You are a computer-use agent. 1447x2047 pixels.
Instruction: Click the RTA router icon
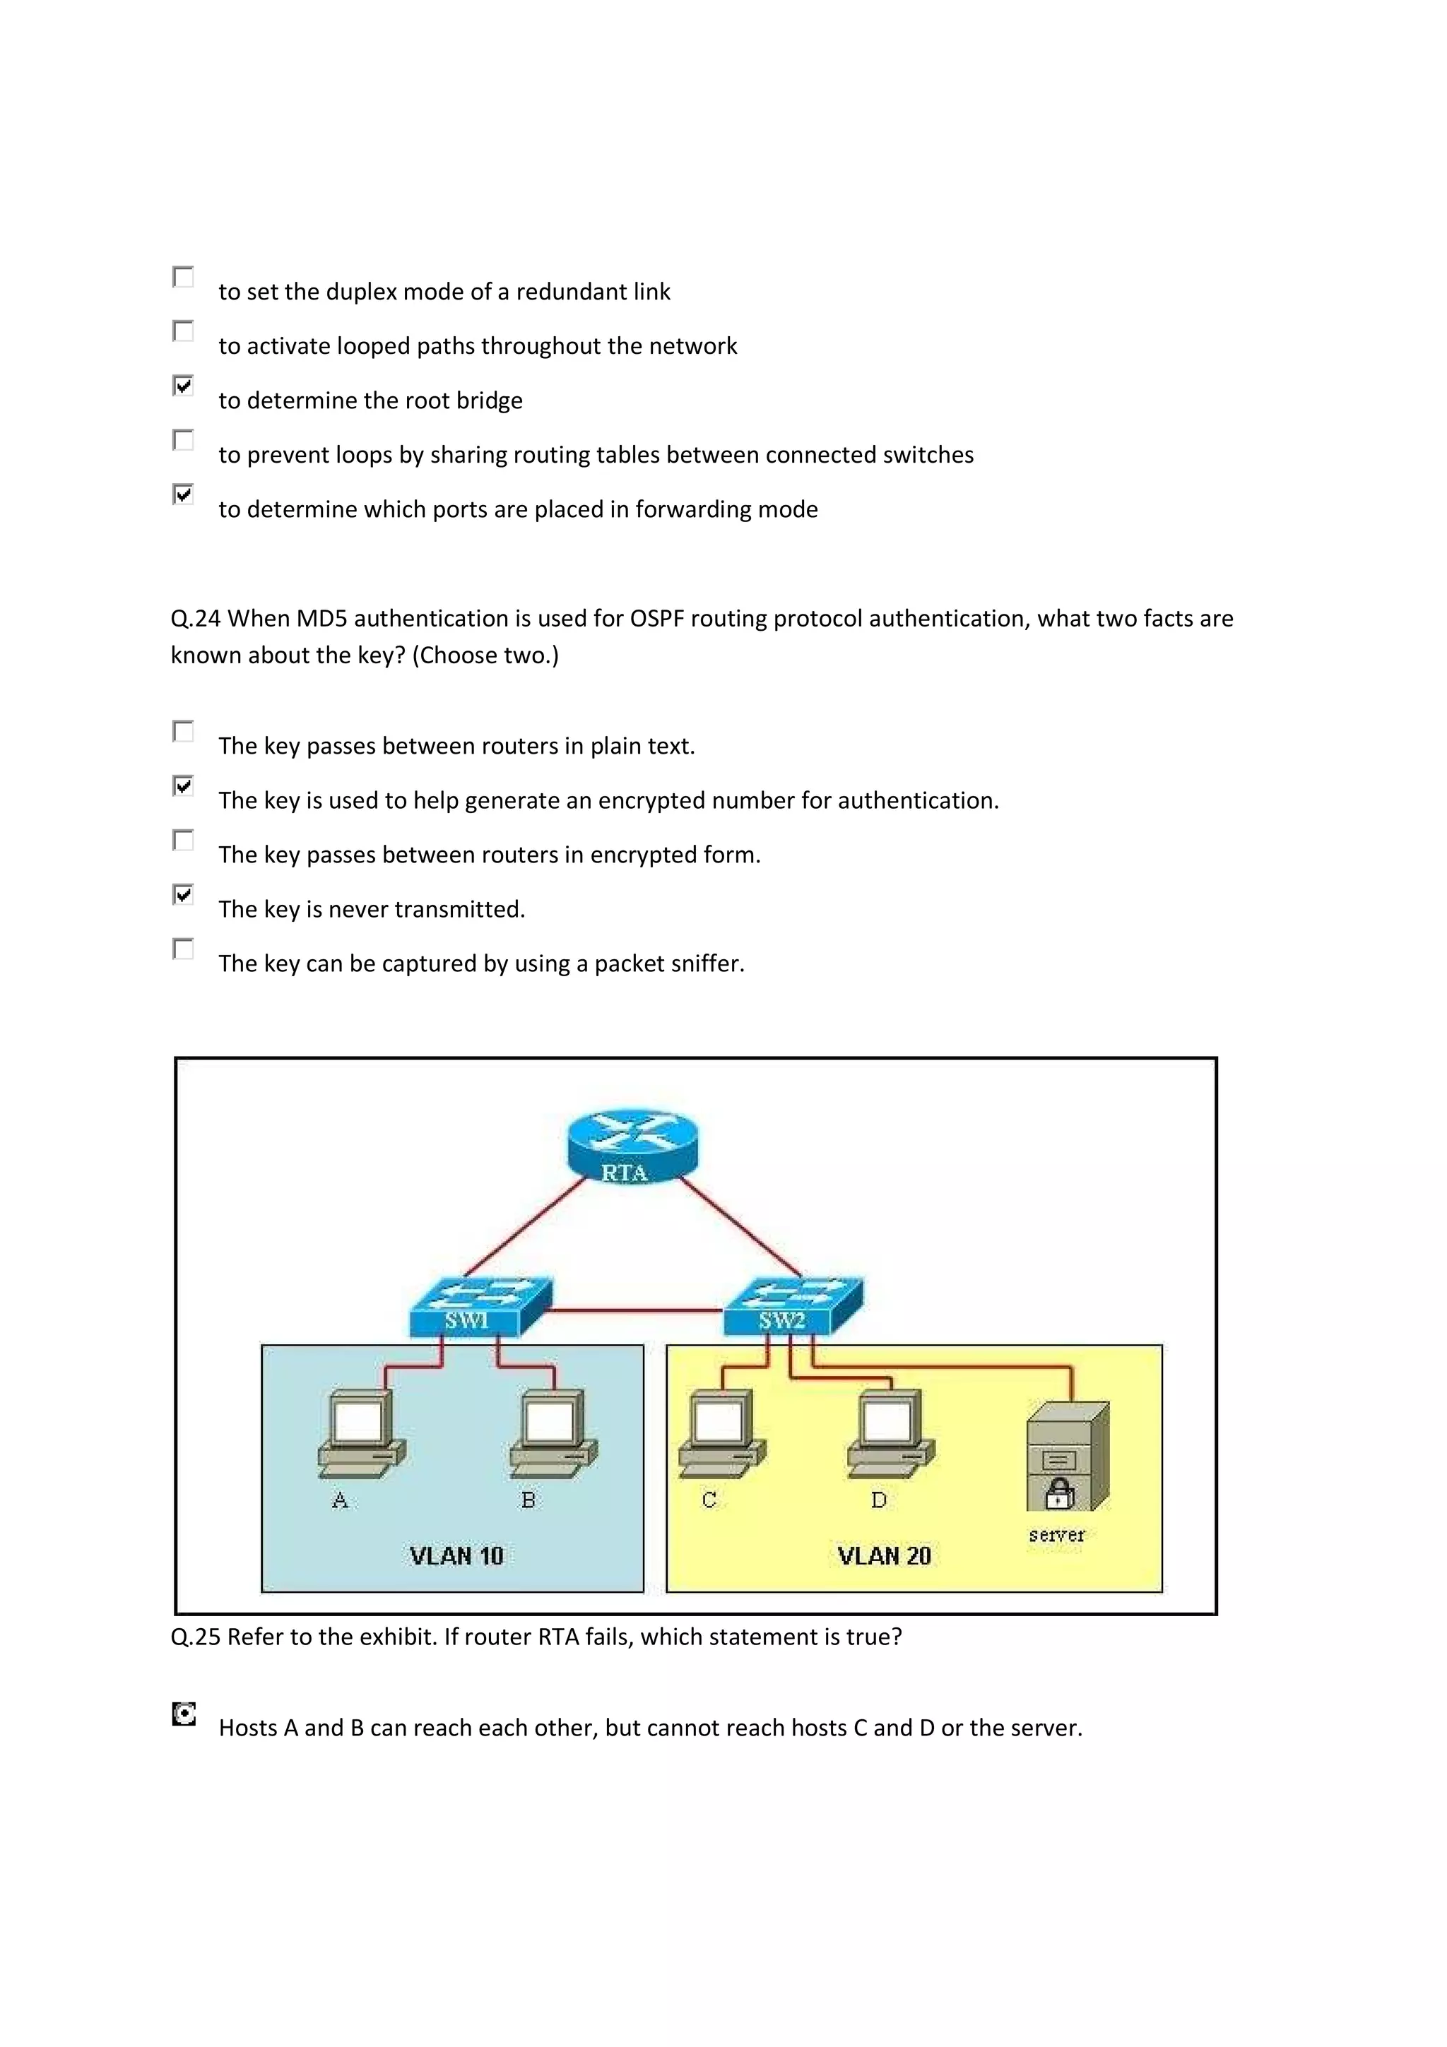pyautogui.click(x=632, y=1147)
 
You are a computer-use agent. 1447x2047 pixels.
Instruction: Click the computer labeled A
pyautogui.click(x=361, y=1435)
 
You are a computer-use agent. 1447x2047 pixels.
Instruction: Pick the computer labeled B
pyautogui.click(x=553, y=1435)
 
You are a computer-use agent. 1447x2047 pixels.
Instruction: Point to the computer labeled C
pyautogui.click(x=721, y=1435)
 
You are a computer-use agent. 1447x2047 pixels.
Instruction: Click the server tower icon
pyautogui.click(x=1067, y=1456)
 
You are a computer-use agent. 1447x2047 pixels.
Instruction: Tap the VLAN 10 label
pyautogui.click(x=456, y=1556)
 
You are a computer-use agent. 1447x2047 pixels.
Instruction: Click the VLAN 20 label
pyautogui.click(x=884, y=1556)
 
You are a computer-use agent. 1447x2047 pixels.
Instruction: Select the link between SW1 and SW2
pyautogui.click(x=634, y=1310)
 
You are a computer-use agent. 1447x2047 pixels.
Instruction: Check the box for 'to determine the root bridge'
pyautogui.click(x=183, y=386)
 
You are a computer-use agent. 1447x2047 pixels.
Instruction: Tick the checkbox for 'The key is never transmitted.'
pyautogui.click(x=183, y=894)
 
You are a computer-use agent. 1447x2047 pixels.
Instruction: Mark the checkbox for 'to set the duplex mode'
pyautogui.click(x=183, y=278)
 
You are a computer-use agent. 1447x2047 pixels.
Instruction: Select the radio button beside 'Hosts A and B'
pyautogui.click(x=184, y=1714)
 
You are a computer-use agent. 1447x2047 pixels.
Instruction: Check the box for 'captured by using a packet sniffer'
pyautogui.click(x=183, y=949)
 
